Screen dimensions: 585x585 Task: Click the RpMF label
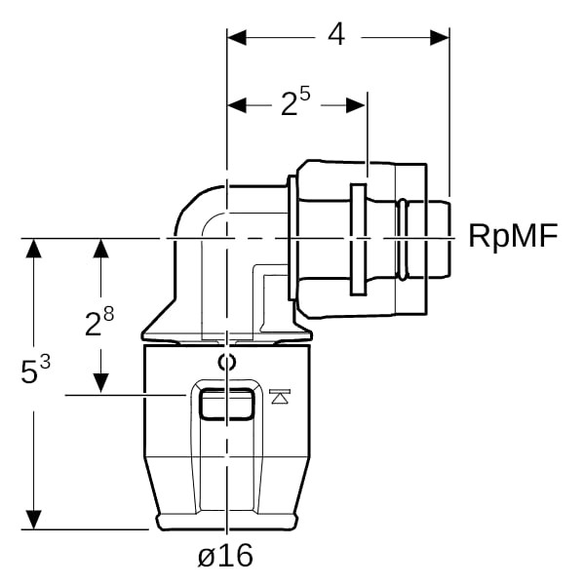514,236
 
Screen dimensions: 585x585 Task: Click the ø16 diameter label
224,556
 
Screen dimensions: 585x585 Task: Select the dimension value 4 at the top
336,35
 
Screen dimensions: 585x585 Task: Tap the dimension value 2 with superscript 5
294,102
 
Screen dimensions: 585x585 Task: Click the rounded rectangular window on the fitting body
225,402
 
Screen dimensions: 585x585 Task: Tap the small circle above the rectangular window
226,364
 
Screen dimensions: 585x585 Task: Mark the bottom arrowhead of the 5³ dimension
35,519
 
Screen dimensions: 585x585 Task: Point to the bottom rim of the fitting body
225,524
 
